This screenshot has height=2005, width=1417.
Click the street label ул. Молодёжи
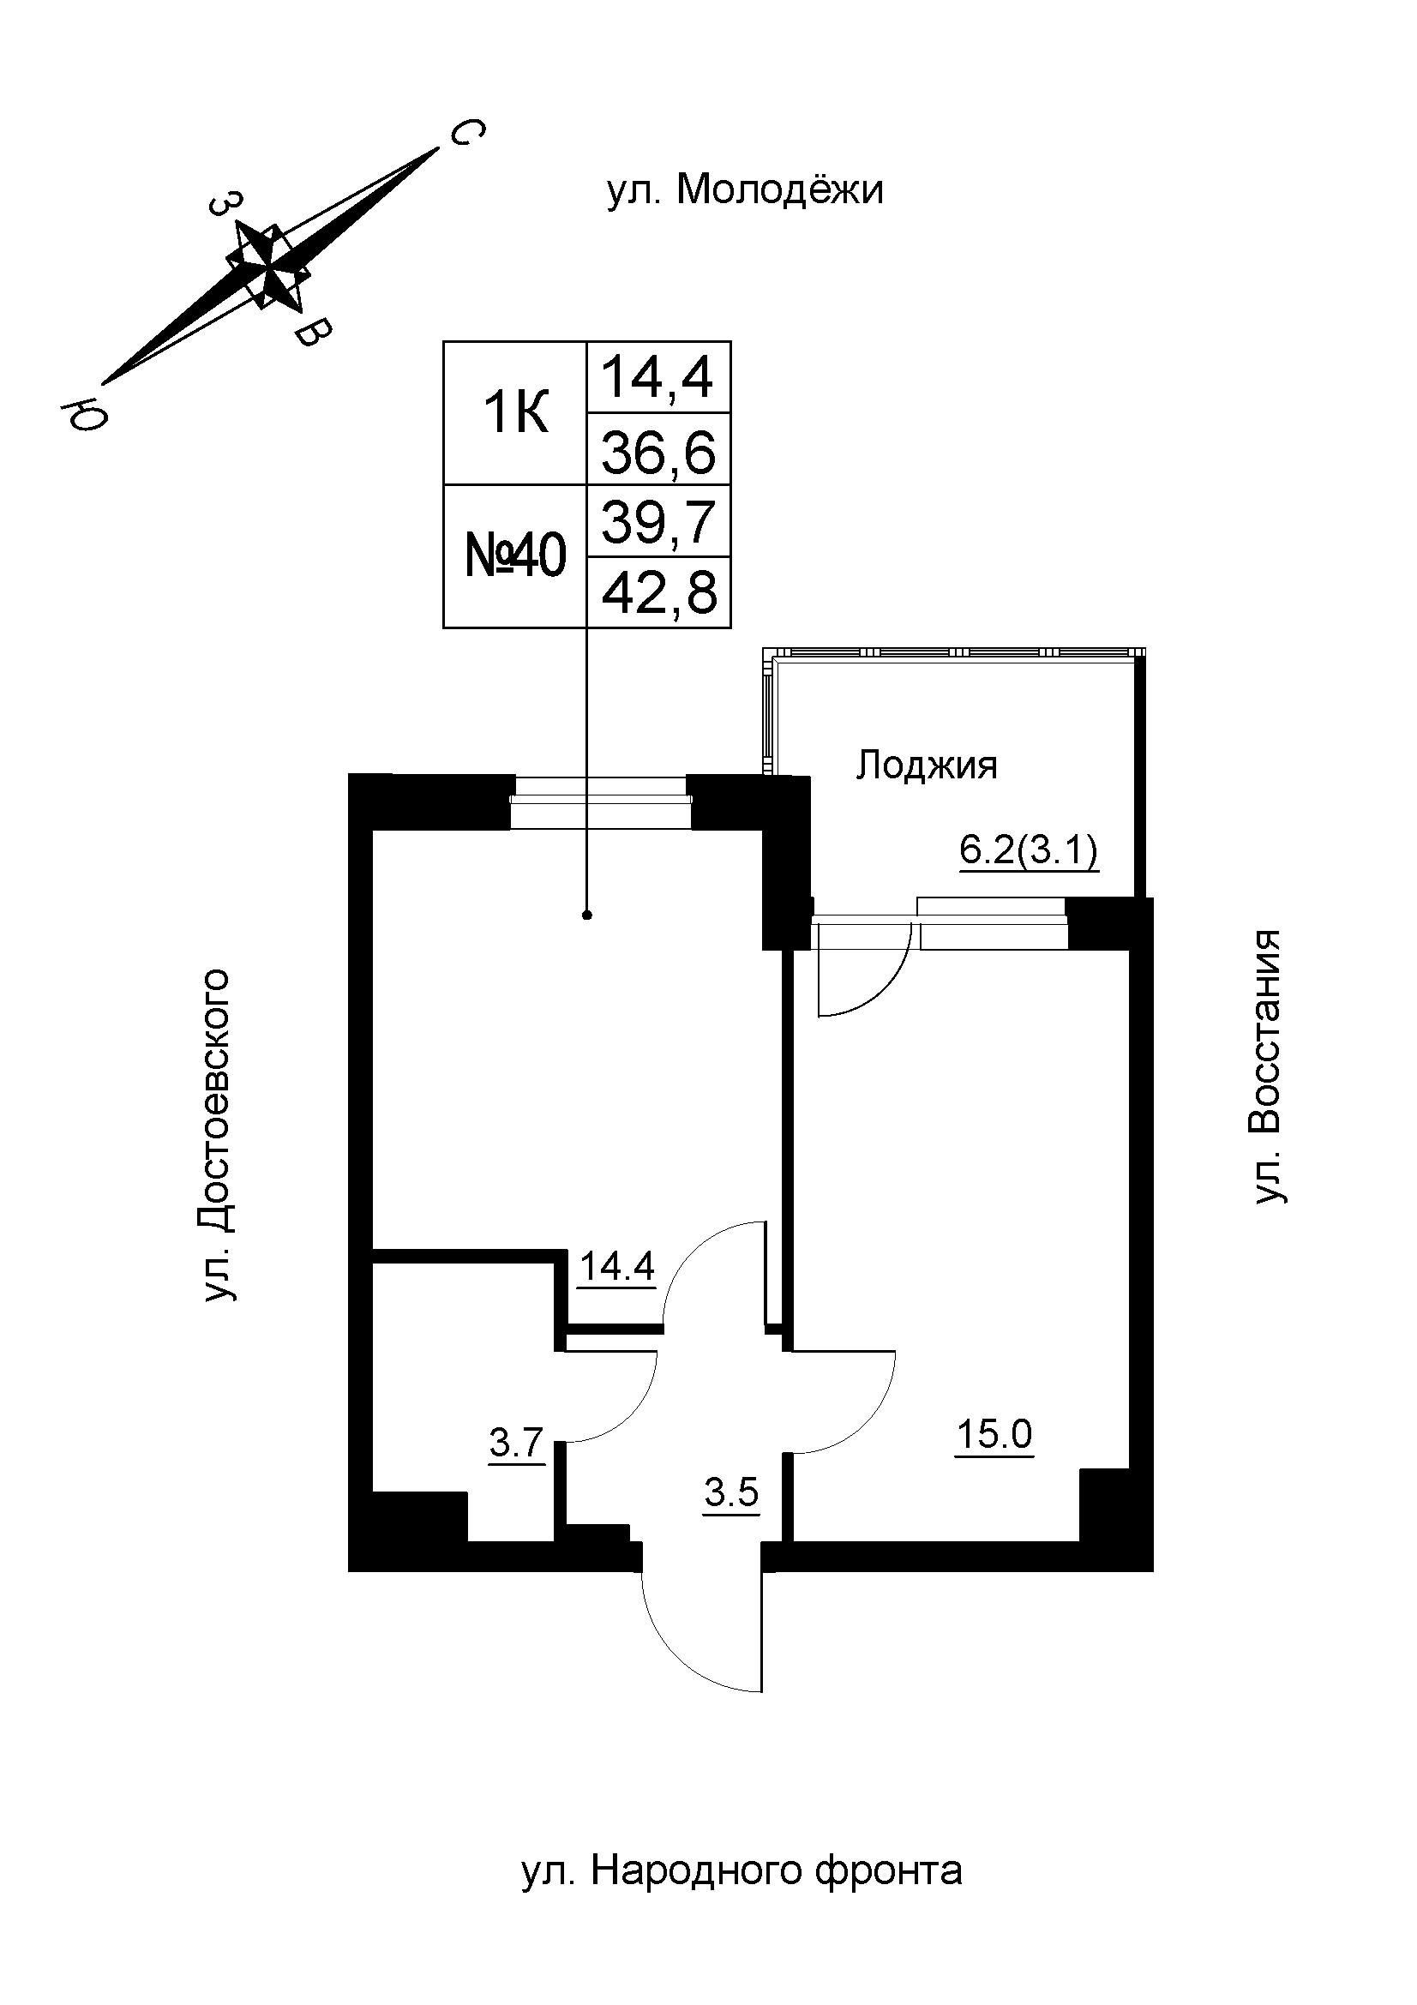tap(745, 190)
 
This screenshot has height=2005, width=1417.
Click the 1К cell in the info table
tap(515, 413)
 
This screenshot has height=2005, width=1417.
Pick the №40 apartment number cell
tap(515, 555)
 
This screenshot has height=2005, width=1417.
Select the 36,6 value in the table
tap(658, 453)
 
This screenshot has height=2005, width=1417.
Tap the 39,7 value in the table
tap(658, 522)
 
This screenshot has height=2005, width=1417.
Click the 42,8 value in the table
tap(658, 594)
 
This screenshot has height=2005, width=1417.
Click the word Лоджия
tap(927, 765)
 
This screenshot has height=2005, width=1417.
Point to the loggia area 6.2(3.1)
tap(1029, 849)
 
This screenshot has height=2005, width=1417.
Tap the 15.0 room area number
tap(994, 1433)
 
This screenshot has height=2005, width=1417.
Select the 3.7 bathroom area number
tap(517, 1443)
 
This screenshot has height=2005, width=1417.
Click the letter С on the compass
tap(466, 134)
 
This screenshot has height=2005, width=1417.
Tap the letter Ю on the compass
tap(84, 415)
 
